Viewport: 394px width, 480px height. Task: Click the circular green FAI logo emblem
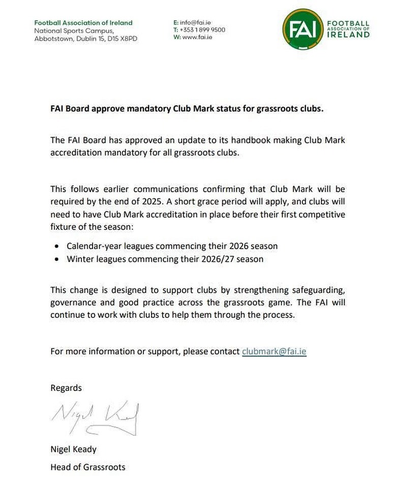click(302, 29)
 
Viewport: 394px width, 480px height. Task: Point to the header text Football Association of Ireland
click(83, 23)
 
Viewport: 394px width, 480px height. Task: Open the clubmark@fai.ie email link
click(274, 351)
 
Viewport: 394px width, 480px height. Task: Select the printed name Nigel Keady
click(73, 449)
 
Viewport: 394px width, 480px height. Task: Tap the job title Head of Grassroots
click(87, 467)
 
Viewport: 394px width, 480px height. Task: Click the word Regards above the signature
click(66, 387)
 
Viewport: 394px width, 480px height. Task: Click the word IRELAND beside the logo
click(348, 35)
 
